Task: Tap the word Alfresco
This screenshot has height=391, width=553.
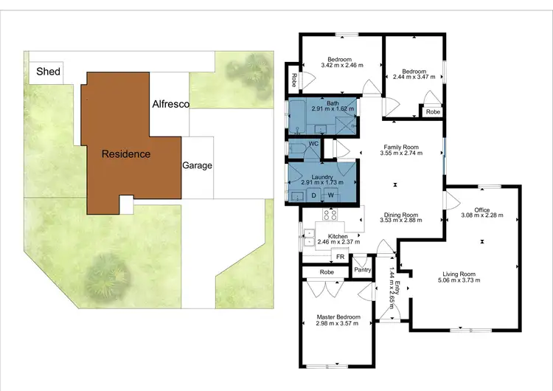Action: (171, 105)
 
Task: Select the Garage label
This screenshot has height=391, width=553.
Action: (197, 165)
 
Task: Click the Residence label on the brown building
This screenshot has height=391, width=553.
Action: (126, 154)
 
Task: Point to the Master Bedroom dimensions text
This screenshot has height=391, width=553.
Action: (338, 323)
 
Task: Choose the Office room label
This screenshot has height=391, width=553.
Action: (482, 210)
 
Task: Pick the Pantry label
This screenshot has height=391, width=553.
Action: (361, 270)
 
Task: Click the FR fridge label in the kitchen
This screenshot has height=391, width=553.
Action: (340, 256)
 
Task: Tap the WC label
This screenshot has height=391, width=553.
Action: (313, 143)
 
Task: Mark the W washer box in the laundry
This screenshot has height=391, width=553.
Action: (331, 195)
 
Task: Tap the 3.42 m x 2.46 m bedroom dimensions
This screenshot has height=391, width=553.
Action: (340, 66)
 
